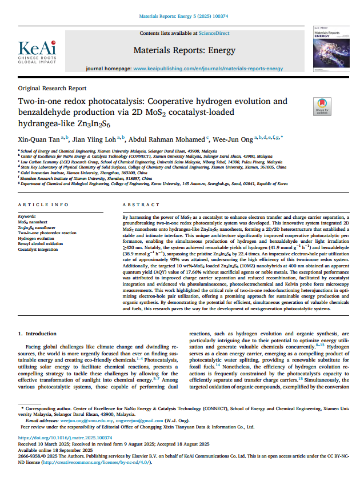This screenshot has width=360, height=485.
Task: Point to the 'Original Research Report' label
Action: coord(53,89)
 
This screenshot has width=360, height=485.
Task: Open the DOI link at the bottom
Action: coord(65,438)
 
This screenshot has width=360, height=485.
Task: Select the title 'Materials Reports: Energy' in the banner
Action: coord(180,50)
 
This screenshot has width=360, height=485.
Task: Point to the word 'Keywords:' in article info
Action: coord(27,217)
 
